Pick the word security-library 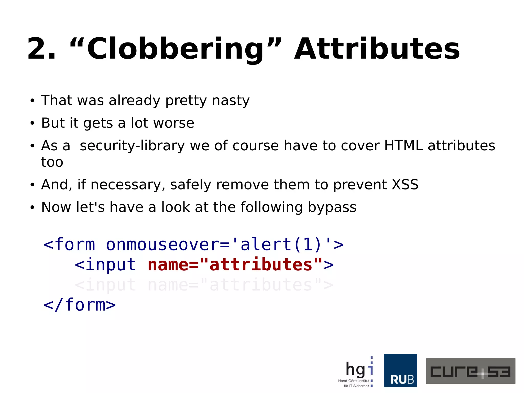[x=132, y=146]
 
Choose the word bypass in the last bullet [x=332, y=207]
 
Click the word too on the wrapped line [x=52, y=162]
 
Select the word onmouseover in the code [x=163, y=245]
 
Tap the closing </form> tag [x=80, y=305]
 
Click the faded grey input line [x=204, y=285]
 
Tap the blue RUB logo [x=400, y=370]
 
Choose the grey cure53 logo [x=470, y=371]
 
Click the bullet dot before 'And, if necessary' [x=32, y=185]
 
